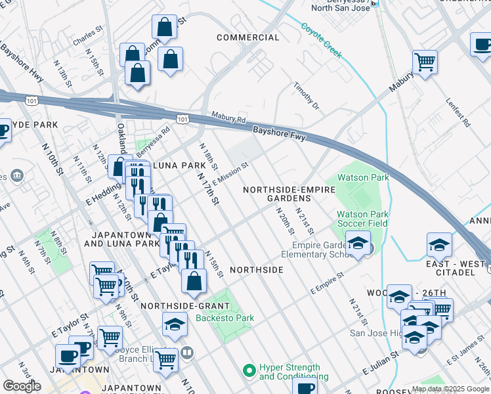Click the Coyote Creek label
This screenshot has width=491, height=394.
[x=322, y=41]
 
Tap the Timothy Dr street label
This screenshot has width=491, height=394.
[x=306, y=97]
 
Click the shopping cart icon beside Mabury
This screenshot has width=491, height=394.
[x=425, y=62]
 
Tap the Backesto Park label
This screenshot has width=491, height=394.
[x=224, y=318]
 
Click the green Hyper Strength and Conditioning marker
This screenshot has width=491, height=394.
[x=249, y=372]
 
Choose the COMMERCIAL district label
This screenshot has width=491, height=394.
[x=248, y=37]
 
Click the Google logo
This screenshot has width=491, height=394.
[x=22, y=386]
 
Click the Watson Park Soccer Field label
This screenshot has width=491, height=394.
[x=362, y=219]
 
